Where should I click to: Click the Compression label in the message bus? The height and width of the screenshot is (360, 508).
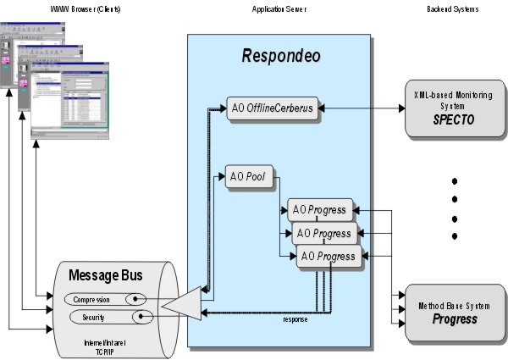[x=93, y=299]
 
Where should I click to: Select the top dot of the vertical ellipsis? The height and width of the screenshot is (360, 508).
[x=455, y=181]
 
